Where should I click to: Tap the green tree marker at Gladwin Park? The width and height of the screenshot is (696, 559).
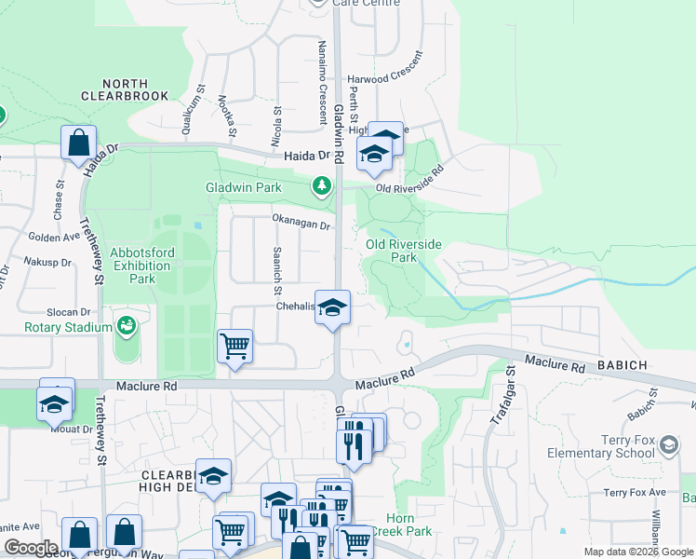click(322, 186)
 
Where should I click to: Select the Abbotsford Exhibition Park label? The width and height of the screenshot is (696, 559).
click(141, 266)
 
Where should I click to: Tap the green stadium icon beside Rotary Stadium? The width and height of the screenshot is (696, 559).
click(125, 326)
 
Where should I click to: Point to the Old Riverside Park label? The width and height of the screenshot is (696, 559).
click(403, 251)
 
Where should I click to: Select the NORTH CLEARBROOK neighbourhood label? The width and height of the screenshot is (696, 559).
click(124, 89)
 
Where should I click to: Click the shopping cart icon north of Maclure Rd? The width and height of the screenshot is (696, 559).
click(234, 347)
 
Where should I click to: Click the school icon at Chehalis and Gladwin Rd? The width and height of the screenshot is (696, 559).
click(331, 307)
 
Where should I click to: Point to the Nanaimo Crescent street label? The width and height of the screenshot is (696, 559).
click(322, 69)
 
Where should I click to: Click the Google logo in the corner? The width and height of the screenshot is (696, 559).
click(32, 548)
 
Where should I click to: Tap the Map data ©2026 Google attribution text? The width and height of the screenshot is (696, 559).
click(638, 552)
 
